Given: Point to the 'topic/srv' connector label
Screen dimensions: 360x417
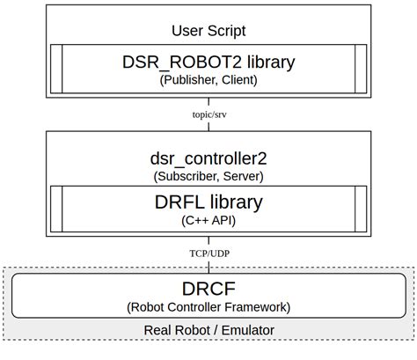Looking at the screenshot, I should pyautogui.click(x=208, y=114).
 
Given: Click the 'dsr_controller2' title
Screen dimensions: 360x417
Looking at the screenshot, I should pyautogui.click(x=208, y=158).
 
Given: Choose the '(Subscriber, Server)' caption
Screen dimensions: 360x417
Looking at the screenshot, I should pyautogui.click(x=208, y=176).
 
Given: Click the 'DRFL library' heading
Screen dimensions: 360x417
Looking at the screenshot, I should pyautogui.click(x=208, y=202).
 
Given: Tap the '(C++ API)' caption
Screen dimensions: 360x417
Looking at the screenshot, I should pyautogui.click(x=208, y=220).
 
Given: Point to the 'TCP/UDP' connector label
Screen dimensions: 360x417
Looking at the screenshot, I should pyautogui.click(x=208, y=253).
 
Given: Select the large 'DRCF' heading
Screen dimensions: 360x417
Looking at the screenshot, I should pyautogui.click(x=208, y=289).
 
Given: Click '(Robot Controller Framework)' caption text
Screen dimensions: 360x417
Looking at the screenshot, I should pyautogui.click(x=208, y=307).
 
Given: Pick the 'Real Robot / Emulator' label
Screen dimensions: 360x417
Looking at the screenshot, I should pyautogui.click(x=208, y=330).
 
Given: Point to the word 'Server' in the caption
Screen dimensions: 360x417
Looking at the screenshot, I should pyautogui.click(x=242, y=176).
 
